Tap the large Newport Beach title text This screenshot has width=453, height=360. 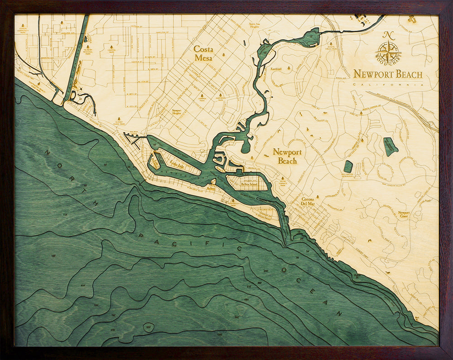click(388, 74)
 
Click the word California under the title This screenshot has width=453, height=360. click(388, 85)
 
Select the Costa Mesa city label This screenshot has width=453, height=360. click(203, 53)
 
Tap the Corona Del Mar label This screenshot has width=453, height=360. click(312, 201)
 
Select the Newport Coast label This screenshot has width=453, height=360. click(404, 215)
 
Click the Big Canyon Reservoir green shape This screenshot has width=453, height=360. click(348, 166)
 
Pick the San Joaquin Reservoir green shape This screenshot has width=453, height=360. click(390, 146)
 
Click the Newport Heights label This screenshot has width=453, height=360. click(177, 112)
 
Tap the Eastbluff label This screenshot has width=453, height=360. click(276, 69)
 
